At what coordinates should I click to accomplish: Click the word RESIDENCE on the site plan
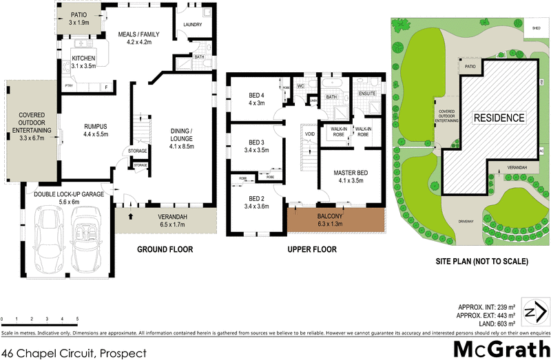499,118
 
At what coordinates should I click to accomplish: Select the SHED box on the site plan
537,29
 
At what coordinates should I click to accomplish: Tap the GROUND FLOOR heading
165,249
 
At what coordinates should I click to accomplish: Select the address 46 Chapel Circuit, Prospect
74,352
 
